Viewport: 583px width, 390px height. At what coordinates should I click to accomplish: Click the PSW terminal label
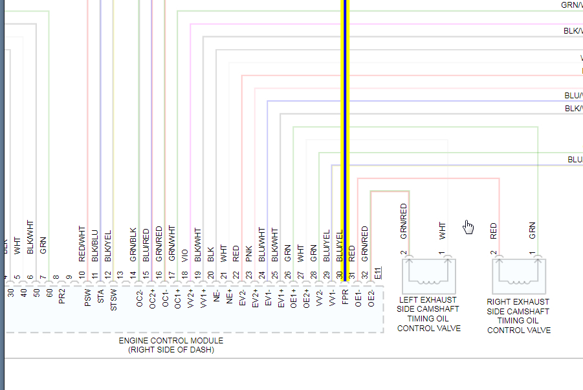(x=88, y=298)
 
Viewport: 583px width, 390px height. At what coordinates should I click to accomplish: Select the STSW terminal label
(x=114, y=300)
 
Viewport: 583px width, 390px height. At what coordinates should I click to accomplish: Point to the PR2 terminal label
(x=62, y=298)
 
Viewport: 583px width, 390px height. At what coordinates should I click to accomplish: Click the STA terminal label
(x=101, y=297)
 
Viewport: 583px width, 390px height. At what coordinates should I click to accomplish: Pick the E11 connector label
(x=378, y=272)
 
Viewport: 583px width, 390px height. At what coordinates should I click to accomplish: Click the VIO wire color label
(x=185, y=255)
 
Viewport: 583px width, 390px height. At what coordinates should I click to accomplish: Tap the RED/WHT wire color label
(x=82, y=243)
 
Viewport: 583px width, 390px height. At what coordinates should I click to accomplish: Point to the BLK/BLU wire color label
(x=95, y=246)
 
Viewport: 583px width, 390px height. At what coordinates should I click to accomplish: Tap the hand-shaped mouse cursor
(x=468, y=226)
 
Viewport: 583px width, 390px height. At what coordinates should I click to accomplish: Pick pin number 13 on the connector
(x=120, y=275)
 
